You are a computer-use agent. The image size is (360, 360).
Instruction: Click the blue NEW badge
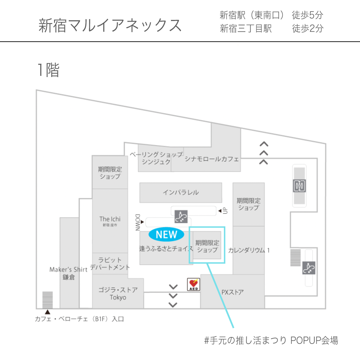click(166, 235)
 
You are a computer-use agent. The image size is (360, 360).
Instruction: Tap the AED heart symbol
click(193, 283)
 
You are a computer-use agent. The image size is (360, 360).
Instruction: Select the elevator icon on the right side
click(299, 186)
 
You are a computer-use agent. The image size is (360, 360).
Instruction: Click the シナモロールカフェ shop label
click(212, 159)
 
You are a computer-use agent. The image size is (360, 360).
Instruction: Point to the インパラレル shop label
click(181, 192)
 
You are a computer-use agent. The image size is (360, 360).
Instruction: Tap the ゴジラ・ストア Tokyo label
click(118, 293)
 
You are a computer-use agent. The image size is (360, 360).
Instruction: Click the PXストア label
click(232, 292)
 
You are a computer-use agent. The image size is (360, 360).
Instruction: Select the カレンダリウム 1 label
click(249, 250)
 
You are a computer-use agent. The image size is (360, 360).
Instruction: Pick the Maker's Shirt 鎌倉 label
click(68, 273)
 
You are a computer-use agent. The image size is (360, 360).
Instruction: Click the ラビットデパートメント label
click(110, 263)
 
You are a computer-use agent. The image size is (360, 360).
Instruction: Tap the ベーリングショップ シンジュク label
click(156, 158)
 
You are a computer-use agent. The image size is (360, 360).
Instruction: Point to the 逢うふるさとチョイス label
click(166, 249)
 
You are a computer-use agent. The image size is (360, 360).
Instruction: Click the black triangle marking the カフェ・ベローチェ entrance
click(48, 312)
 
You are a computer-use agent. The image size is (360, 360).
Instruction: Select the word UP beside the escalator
click(225, 211)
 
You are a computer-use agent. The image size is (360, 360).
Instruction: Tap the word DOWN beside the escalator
click(138, 222)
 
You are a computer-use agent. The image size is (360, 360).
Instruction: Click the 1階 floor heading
click(49, 70)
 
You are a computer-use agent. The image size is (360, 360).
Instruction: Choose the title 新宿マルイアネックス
click(110, 26)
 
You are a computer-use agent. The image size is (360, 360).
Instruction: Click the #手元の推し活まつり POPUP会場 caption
click(271, 340)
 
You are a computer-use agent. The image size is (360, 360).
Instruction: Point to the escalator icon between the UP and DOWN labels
click(181, 217)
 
